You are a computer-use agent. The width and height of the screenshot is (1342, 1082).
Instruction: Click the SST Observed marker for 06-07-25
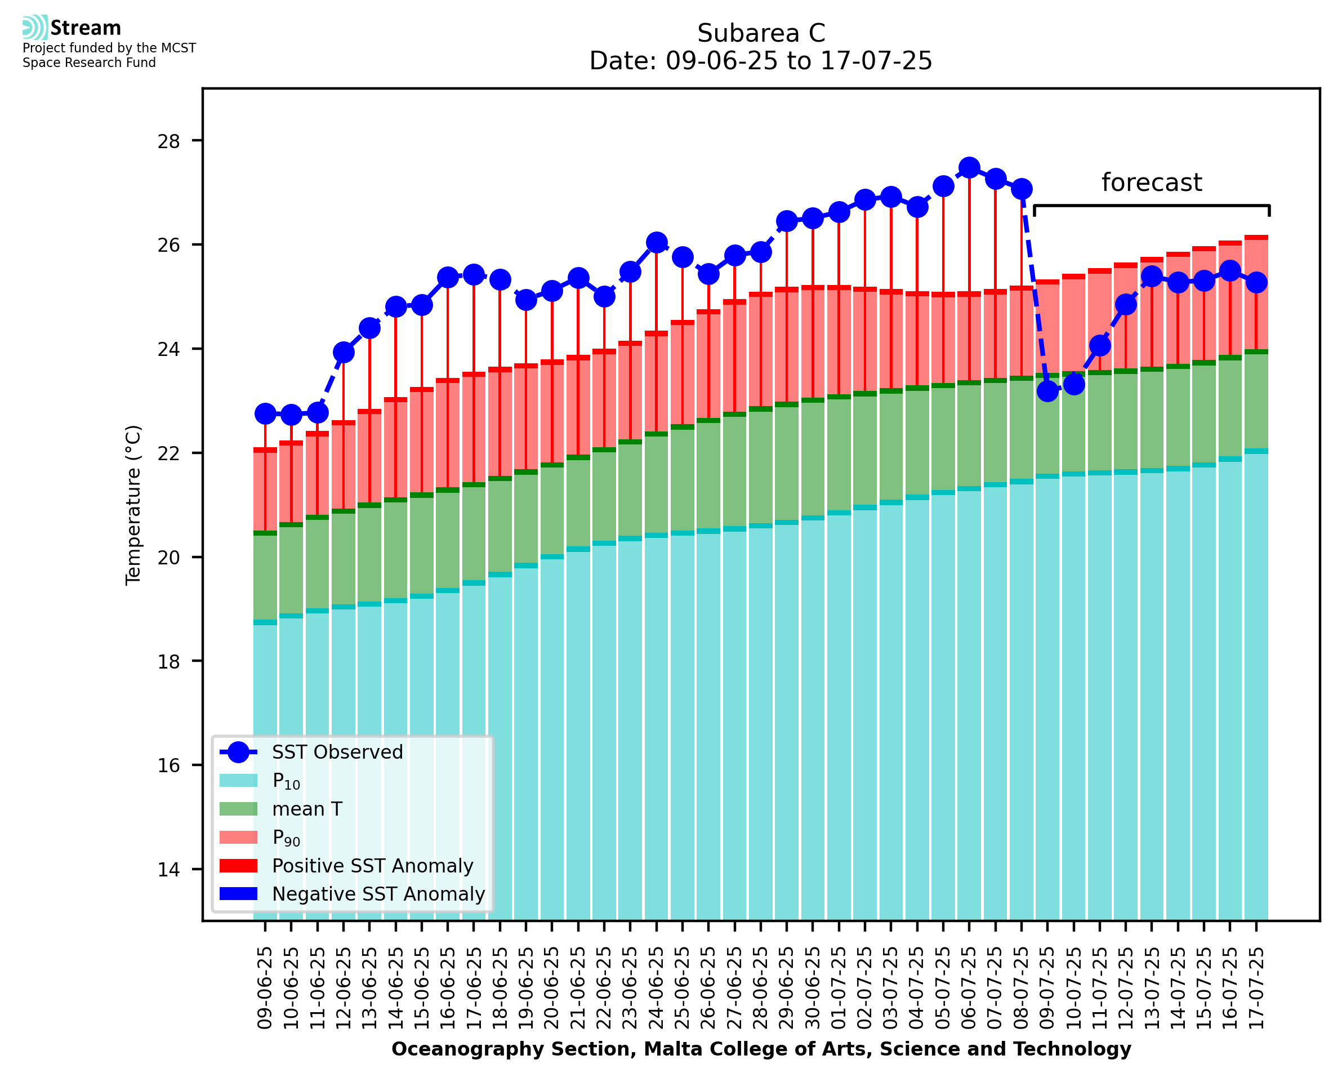[x=969, y=168]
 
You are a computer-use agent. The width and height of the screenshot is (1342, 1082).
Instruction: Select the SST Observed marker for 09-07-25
[x=1047, y=391]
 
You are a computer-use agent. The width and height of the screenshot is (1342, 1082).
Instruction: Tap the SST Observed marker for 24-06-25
[x=656, y=242]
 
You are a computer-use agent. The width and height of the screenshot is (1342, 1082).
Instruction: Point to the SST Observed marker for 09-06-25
[x=265, y=413]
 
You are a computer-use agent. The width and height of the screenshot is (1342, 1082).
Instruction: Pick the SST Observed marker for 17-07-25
[x=1256, y=282]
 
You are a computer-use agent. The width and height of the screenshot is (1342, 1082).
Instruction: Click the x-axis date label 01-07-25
[x=839, y=988]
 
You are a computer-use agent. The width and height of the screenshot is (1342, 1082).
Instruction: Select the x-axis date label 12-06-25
[x=344, y=988]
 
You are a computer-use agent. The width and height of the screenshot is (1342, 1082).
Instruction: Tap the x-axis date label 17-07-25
[x=1256, y=988]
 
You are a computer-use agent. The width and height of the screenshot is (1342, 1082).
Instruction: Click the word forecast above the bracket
[x=1151, y=182]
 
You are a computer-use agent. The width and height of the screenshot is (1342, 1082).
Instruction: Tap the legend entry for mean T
[x=306, y=809]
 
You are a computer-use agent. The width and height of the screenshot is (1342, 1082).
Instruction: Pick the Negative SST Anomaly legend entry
[x=377, y=894]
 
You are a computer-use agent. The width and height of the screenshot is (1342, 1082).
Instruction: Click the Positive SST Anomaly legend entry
[x=372, y=866]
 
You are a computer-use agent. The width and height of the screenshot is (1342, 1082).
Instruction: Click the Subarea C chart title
[x=761, y=33]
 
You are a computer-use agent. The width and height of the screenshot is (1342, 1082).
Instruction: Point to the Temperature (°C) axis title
[x=133, y=505]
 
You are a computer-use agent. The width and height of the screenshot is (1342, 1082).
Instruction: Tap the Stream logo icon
[x=35, y=28]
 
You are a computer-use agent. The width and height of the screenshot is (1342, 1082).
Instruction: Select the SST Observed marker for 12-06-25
[x=344, y=352]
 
